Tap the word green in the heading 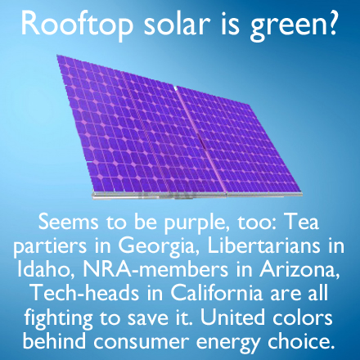click(288, 26)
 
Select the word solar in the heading click(177, 23)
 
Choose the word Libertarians click(263, 245)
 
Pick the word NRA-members click(155, 269)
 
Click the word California click(217, 293)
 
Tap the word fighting click(59, 318)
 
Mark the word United click(232, 317)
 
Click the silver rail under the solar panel click(197, 195)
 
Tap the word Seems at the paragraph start click(69, 222)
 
